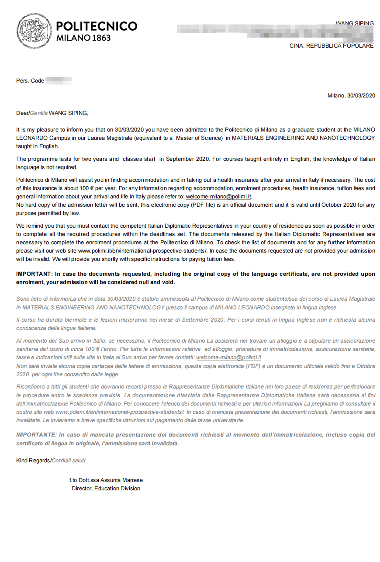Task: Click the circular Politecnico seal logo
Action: click(x=34, y=31)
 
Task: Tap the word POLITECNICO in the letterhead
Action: click(x=97, y=26)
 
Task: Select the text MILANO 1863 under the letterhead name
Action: click(x=83, y=38)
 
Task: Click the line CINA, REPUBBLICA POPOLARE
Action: click(x=332, y=46)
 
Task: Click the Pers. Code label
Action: click(x=30, y=81)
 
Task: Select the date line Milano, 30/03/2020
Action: click(x=351, y=96)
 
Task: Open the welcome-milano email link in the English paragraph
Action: click(x=218, y=197)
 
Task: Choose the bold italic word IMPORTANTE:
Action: click(x=36, y=435)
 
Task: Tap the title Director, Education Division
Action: click(x=106, y=489)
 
